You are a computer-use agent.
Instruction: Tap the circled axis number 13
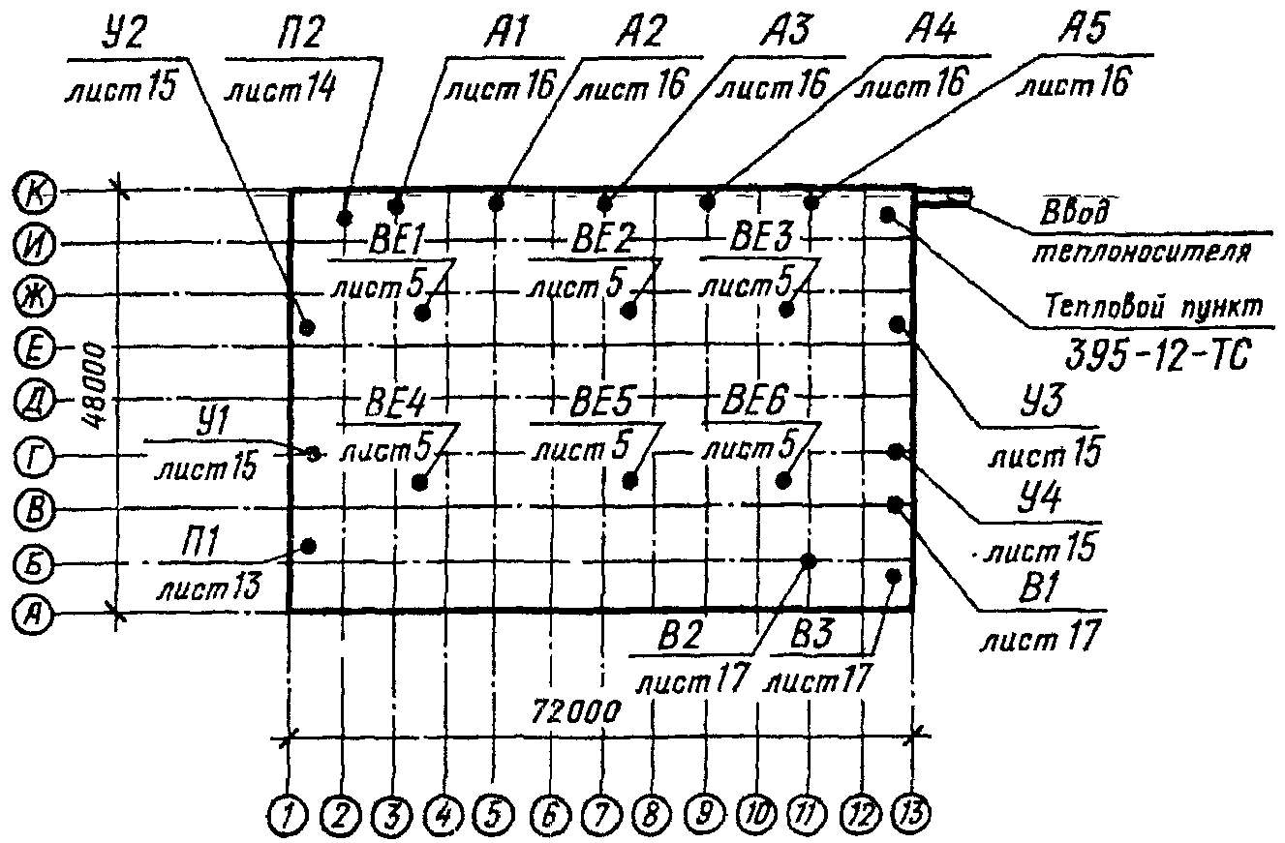pyautogui.click(x=911, y=813)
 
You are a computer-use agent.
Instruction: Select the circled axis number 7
pyautogui.click(x=601, y=814)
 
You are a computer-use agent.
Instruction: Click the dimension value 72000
pyautogui.click(x=575, y=711)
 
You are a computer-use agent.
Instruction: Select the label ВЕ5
pyautogui.click(x=601, y=404)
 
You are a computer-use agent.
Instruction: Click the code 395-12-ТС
pyautogui.click(x=1156, y=354)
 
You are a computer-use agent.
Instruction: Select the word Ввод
pyautogui.click(x=1074, y=213)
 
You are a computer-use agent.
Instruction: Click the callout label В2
pyautogui.click(x=679, y=636)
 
